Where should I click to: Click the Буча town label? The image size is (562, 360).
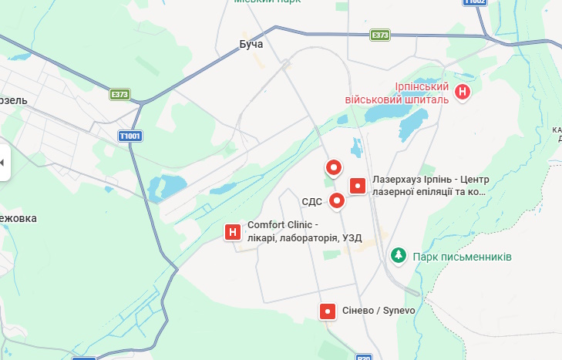(251, 44)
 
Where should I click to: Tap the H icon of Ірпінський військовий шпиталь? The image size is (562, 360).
(462, 92)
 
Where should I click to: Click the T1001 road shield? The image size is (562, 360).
(130, 136)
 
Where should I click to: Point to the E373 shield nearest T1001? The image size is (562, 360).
(119, 94)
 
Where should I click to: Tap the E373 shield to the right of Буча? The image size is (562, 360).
(379, 35)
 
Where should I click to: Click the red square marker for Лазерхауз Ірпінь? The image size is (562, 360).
(358, 186)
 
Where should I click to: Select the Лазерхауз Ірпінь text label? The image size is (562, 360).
(429, 186)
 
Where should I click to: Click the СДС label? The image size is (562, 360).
(311, 202)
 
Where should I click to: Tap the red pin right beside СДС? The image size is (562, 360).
(337, 201)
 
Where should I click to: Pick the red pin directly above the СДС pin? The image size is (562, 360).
(334, 167)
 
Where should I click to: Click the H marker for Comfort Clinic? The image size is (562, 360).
(232, 231)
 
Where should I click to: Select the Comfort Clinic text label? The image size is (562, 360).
(304, 231)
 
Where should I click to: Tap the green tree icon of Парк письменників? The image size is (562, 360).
(398, 254)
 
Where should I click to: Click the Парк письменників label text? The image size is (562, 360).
(462, 256)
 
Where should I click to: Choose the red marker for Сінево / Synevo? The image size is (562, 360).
(328, 311)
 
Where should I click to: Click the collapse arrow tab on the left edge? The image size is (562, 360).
(3, 163)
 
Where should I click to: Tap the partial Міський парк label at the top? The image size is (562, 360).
(268, 2)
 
